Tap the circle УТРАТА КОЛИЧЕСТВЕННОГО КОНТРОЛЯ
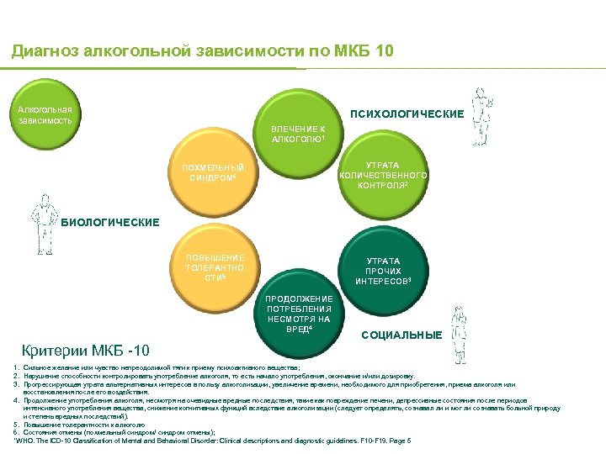point(383,176)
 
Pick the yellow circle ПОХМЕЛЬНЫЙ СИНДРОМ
point(213,174)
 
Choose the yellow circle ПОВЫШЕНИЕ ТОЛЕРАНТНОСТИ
point(215,267)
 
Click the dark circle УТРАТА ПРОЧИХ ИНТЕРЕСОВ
point(382,271)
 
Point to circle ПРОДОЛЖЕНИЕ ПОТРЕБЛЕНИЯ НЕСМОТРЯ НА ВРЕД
point(299,314)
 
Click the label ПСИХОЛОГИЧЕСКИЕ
point(407,113)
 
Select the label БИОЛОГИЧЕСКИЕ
point(109,223)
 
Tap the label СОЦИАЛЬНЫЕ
point(401,335)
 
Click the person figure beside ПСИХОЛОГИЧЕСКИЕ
point(481,108)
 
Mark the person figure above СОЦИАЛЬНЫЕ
point(459,323)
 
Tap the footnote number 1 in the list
point(17,368)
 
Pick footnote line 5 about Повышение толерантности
point(84,425)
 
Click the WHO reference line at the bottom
point(210,440)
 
